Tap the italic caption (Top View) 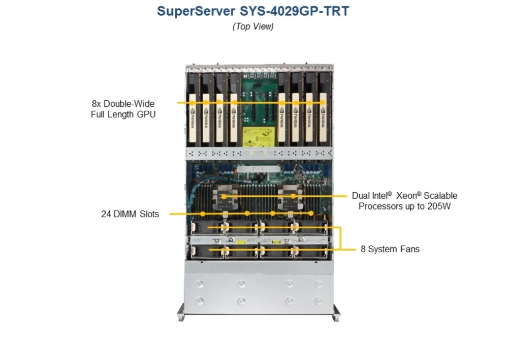coord(253,26)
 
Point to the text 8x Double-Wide coord(120,103)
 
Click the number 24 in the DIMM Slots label coord(106,214)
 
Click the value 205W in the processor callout coord(438,206)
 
